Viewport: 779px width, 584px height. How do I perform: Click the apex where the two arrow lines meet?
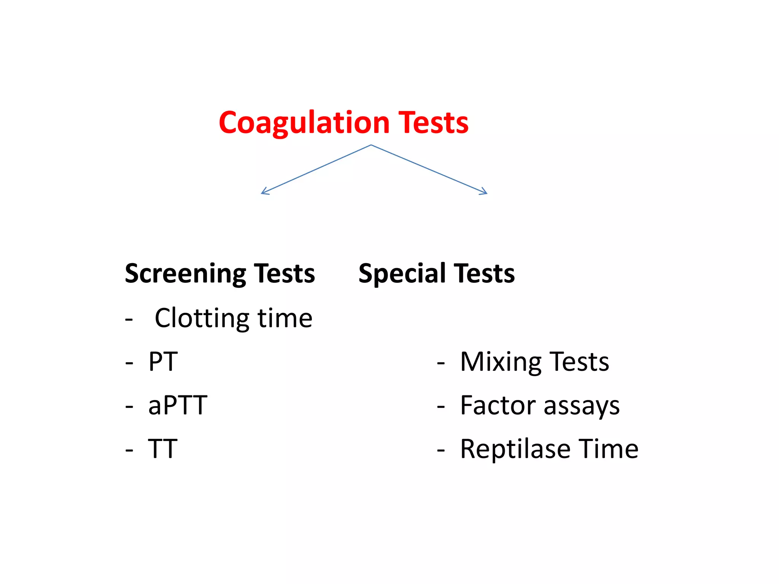pos(371,145)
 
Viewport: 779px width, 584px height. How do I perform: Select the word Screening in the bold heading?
pos(186,274)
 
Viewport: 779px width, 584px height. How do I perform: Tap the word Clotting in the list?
pos(202,318)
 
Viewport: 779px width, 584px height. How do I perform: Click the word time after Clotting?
pos(285,318)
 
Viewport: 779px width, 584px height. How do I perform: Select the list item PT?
pos(163,362)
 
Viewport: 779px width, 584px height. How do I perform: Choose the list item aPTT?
pos(178,405)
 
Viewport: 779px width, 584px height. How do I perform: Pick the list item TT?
pos(162,449)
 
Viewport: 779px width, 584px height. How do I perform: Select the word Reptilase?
pos(515,449)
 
